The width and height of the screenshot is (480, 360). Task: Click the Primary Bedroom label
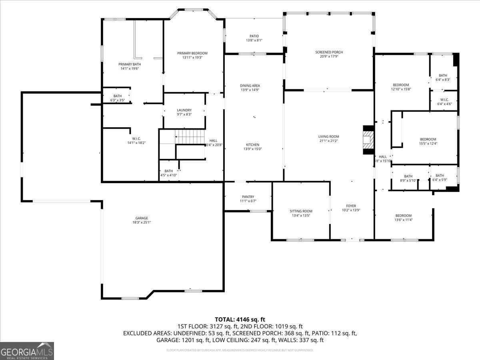(x=192, y=53)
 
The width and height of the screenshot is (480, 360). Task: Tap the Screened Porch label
(x=329, y=52)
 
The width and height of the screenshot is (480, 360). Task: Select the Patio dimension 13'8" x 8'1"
(x=254, y=40)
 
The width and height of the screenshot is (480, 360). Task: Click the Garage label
(x=142, y=218)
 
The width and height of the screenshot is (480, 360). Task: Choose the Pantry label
(x=248, y=196)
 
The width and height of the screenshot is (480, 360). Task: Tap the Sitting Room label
(x=301, y=211)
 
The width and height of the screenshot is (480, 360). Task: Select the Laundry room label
(x=184, y=110)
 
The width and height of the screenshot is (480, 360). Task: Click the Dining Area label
(x=250, y=86)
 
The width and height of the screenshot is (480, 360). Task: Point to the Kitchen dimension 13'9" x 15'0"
(x=252, y=149)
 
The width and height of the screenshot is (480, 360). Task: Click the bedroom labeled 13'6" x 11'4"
(x=403, y=216)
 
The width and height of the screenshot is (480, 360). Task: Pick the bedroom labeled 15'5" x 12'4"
(x=428, y=139)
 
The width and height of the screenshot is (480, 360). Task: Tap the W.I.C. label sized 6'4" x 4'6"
(x=444, y=100)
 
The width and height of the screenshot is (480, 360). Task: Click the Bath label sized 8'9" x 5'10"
(x=408, y=176)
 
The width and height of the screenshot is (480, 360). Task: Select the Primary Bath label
(x=130, y=64)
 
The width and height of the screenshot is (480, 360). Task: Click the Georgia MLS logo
(x=27, y=351)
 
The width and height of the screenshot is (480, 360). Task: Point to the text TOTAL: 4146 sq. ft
(x=240, y=319)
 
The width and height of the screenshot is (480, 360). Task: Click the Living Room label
(x=328, y=136)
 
